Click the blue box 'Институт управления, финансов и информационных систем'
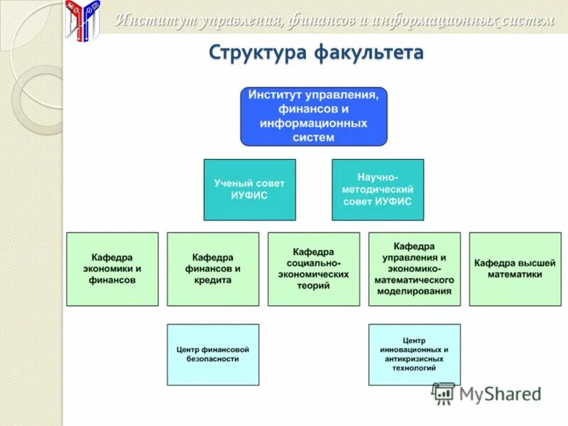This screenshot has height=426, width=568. coord(314,116)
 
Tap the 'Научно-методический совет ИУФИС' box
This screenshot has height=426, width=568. coord(378,190)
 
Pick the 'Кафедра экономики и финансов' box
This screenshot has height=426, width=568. coord(112,269)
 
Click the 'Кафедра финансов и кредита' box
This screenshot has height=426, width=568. coord(213,269)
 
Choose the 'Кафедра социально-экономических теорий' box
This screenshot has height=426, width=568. coord(314,269)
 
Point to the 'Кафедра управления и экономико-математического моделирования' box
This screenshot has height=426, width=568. coord(415,269)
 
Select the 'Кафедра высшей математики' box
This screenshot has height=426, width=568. coord(515,269)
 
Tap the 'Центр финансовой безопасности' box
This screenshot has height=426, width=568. coord(213,354)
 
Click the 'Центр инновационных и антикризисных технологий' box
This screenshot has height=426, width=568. coord(415,354)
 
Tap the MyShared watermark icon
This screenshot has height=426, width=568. coord(444,393)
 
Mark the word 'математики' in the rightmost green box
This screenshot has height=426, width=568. coord(515,274)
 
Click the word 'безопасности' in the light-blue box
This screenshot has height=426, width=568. coord(213,359)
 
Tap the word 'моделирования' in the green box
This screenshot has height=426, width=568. coord(415,291)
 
